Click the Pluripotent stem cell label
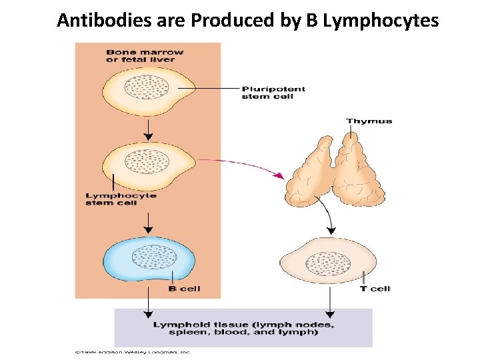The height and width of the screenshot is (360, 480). point(273,92)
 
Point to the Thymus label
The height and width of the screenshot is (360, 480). point(369,121)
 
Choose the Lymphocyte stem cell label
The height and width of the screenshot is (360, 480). point(121,199)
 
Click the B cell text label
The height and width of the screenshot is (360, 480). point(184,289)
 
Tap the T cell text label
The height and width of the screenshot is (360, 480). point(375,289)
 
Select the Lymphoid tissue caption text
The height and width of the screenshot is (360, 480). point(244,328)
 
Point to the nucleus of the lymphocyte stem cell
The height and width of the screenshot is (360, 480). point(147,161)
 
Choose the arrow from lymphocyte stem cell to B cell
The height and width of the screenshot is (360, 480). point(147,221)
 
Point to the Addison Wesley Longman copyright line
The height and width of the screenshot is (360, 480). point(133,351)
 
